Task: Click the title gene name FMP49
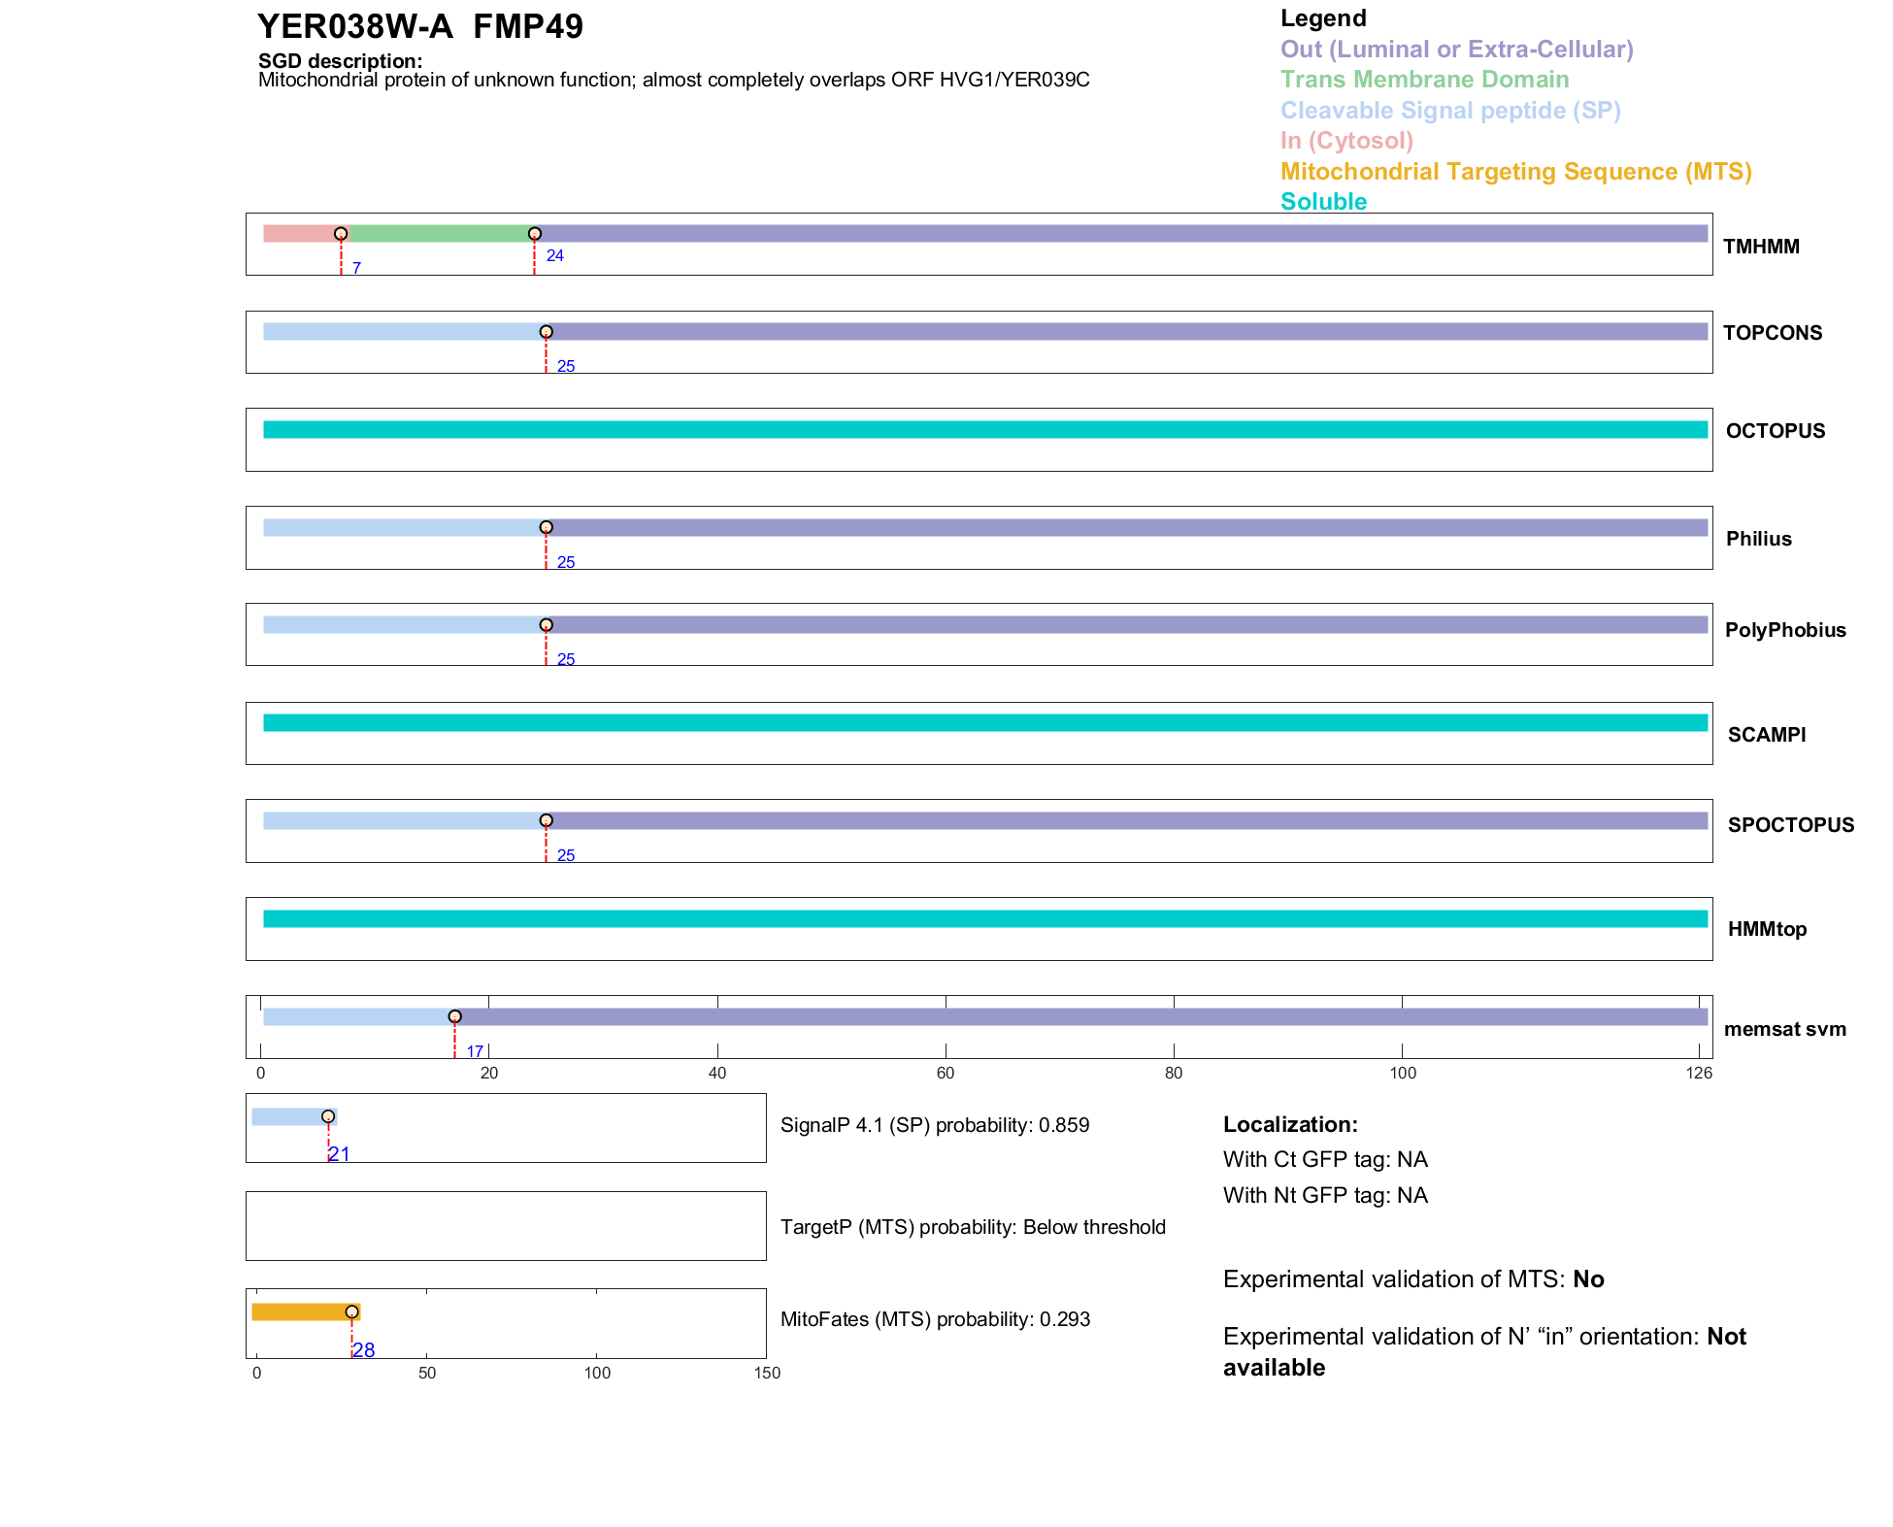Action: [x=528, y=27]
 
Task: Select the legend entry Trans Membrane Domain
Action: [x=1424, y=80]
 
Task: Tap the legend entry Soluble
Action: [x=1323, y=202]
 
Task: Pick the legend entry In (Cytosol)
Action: [x=1346, y=141]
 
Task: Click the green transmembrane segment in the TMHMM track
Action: [x=437, y=234]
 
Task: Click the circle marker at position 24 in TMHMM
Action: [x=535, y=234]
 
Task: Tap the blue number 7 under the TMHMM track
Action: [x=356, y=268]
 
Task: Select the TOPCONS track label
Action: [x=1772, y=333]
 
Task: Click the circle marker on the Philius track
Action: [x=547, y=527]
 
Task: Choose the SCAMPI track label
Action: [x=1766, y=735]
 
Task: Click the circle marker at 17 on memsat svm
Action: [x=454, y=1016]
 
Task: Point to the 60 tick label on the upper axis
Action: [x=946, y=1073]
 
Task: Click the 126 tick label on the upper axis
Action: [x=1699, y=1073]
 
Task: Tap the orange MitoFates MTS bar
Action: [x=303, y=1311]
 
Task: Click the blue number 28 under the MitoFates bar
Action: [x=364, y=1350]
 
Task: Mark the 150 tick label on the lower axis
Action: [x=767, y=1373]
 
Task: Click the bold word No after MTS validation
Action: [x=1588, y=1279]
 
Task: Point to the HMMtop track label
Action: [x=1767, y=929]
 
